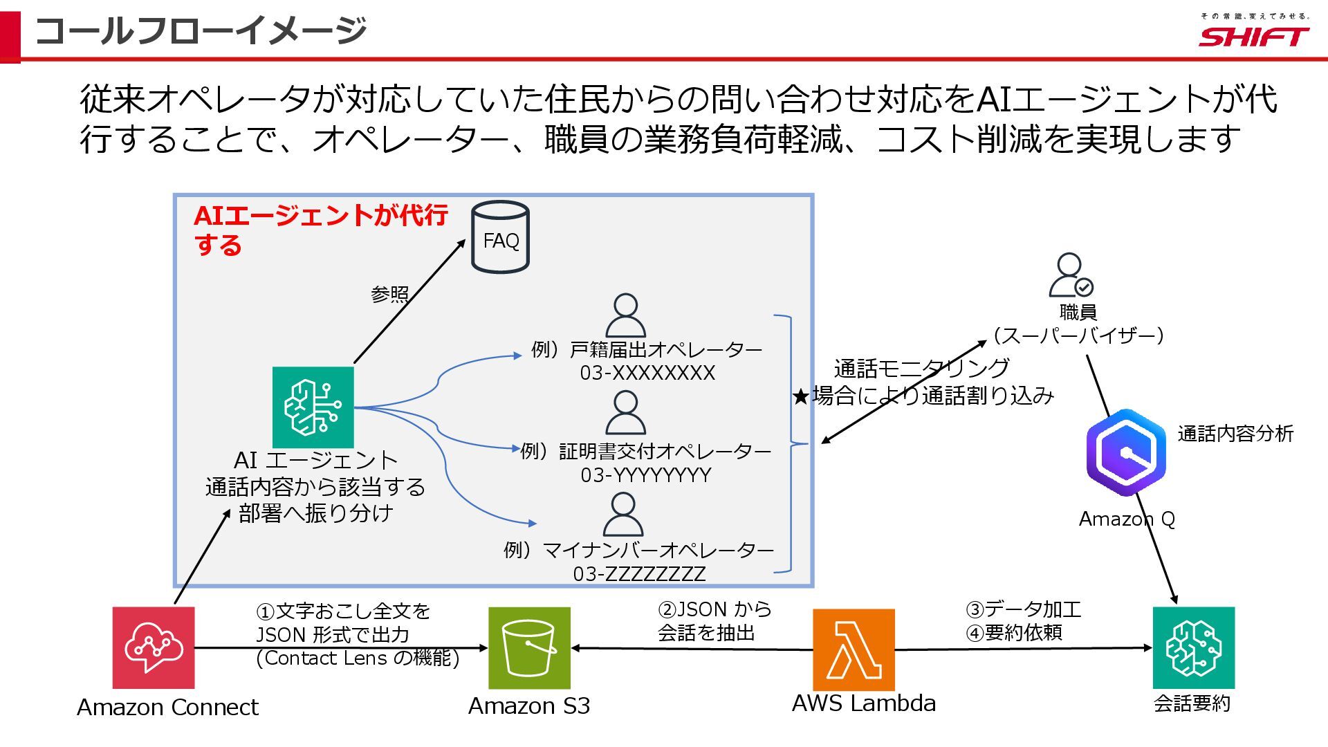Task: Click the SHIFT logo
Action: (x=1253, y=36)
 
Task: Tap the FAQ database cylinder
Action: (x=500, y=237)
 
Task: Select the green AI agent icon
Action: (x=313, y=407)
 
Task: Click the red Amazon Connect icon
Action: (x=154, y=647)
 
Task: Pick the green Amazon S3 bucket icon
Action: (x=529, y=647)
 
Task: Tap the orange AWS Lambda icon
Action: (x=854, y=649)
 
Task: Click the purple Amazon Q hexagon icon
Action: (x=1126, y=452)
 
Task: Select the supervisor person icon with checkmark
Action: (x=1071, y=275)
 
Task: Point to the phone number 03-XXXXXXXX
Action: (x=647, y=373)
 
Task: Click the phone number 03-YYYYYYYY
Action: (x=646, y=475)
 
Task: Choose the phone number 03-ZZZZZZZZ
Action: (x=639, y=574)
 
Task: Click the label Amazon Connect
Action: (x=167, y=707)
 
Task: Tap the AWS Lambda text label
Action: (x=864, y=703)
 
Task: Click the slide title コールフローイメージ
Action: (x=201, y=31)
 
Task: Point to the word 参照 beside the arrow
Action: (x=389, y=294)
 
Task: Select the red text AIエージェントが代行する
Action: (x=320, y=229)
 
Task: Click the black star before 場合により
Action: (x=801, y=396)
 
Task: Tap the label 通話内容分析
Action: (x=1235, y=434)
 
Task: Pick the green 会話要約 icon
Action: (x=1193, y=647)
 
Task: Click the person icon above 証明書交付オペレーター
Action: (x=625, y=413)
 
